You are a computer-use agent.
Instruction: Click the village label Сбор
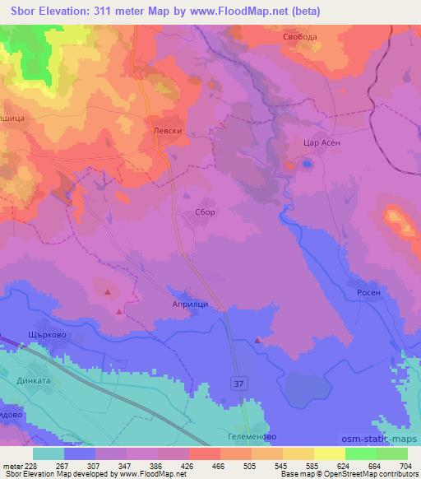[x=205, y=212]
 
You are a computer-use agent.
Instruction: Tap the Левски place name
[x=166, y=130]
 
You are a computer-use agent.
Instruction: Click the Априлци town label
[x=189, y=301]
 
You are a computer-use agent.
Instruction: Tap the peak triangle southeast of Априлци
[x=259, y=340]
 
